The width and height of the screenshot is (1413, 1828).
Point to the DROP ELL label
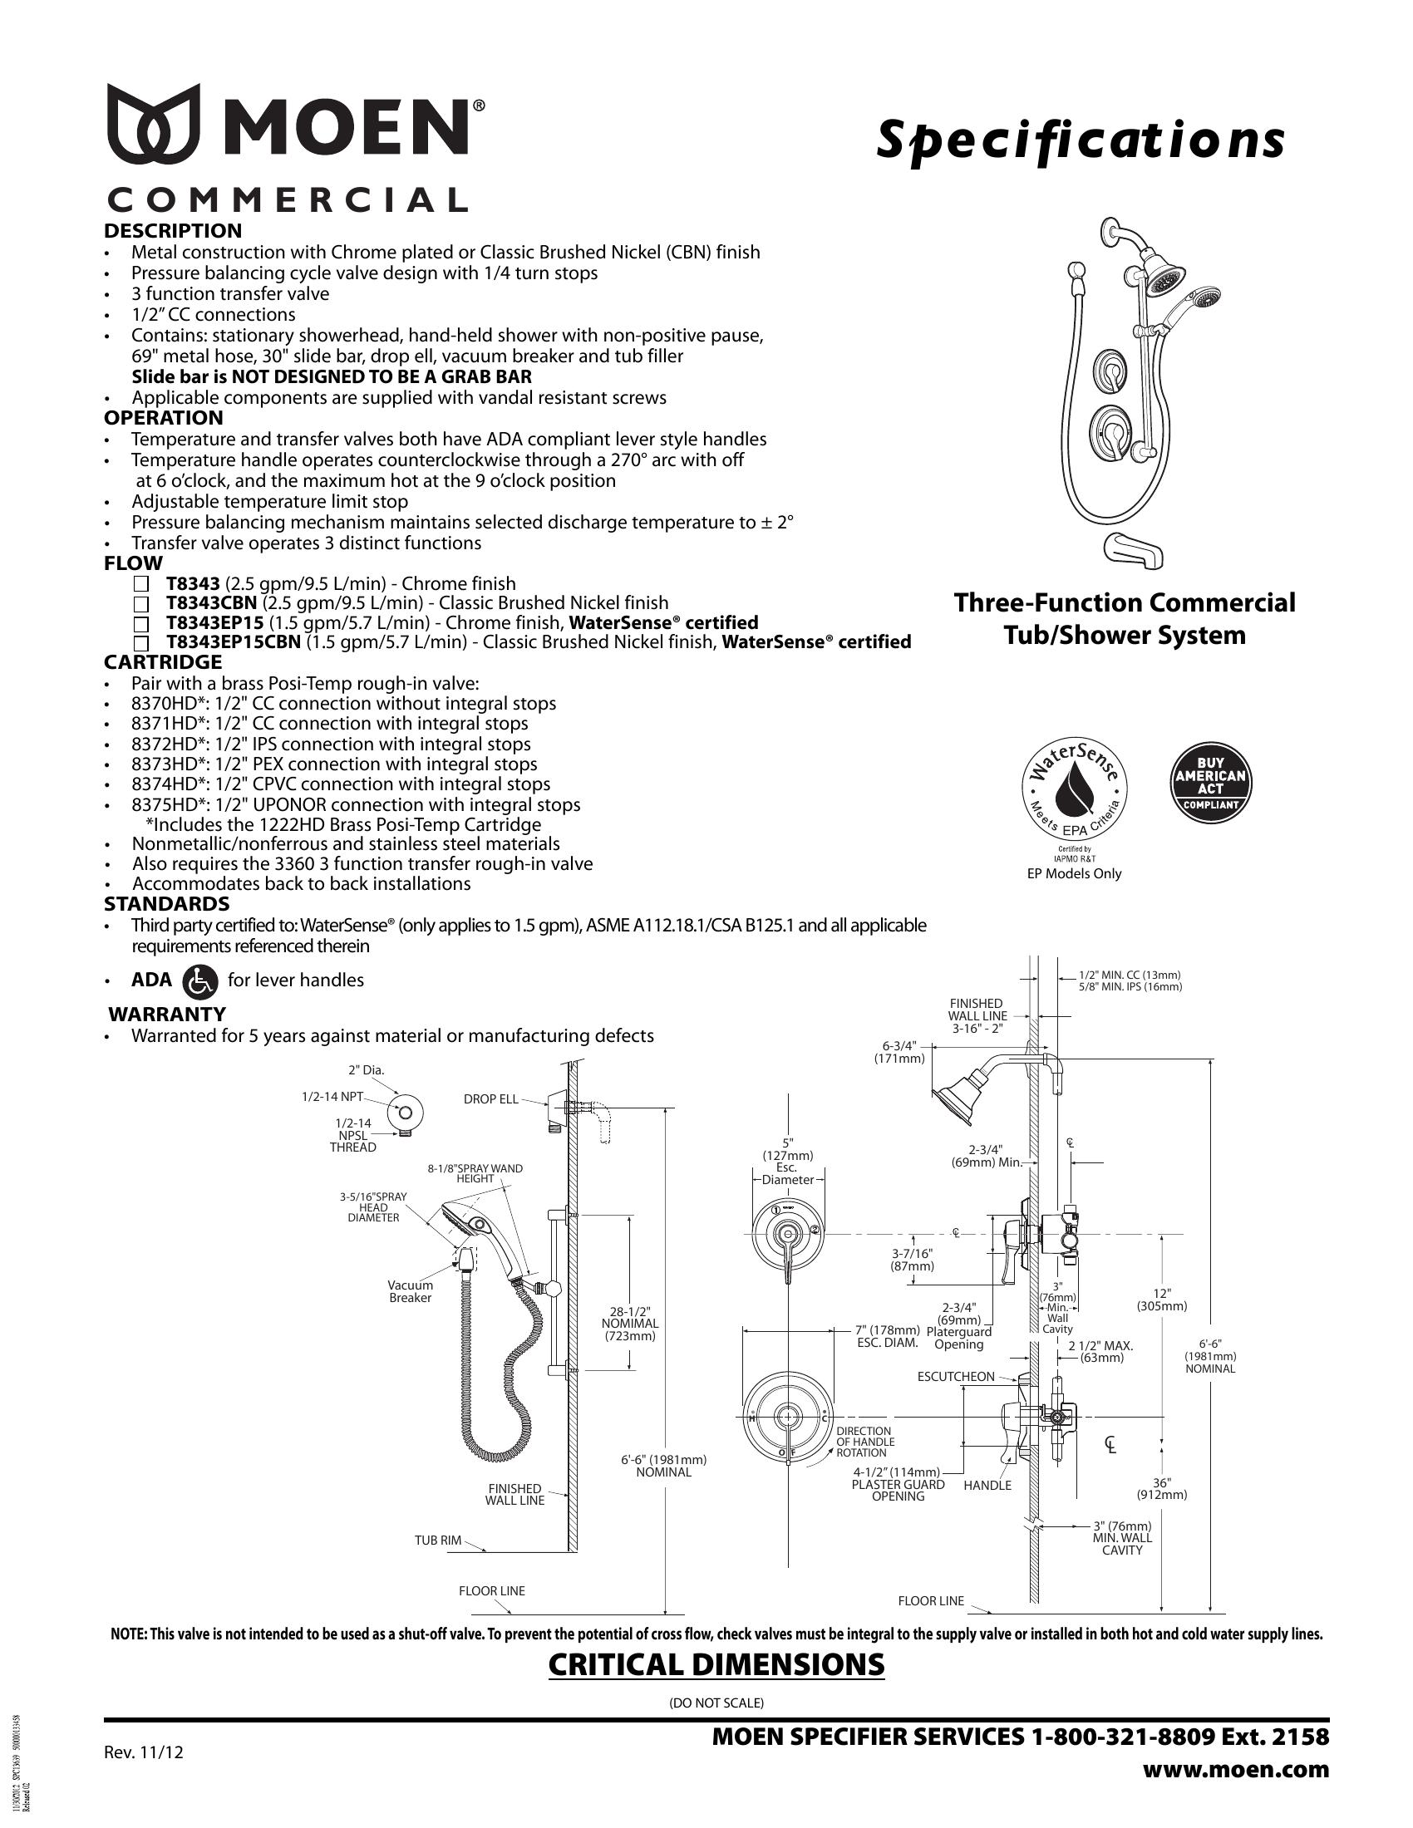[490, 1099]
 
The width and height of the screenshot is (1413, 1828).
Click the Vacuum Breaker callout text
[410, 1291]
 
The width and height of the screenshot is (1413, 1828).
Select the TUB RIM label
[438, 1540]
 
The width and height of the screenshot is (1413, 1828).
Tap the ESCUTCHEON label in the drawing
[955, 1376]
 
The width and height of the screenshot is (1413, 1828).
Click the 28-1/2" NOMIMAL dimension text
[630, 1324]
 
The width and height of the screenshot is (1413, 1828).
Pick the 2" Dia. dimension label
[366, 1069]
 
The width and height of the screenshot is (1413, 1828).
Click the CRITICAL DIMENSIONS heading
[716, 1665]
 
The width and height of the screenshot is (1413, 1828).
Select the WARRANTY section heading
[168, 1015]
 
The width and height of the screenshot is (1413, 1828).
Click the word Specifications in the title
[1079, 140]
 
